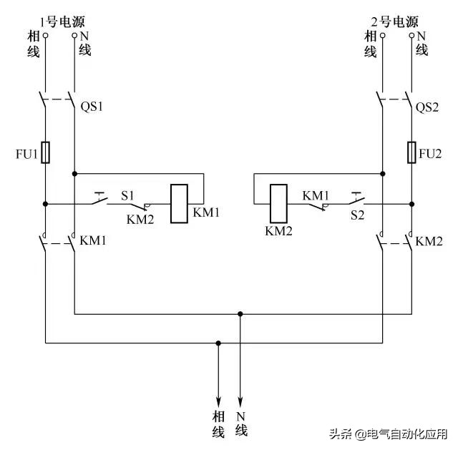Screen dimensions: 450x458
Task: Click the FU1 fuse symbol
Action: point(46,152)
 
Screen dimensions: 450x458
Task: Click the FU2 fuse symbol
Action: point(412,152)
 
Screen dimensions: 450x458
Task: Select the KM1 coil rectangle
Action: point(179,204)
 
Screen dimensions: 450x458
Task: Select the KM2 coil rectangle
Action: point(278,204)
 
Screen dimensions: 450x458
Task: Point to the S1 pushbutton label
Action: point(127,195)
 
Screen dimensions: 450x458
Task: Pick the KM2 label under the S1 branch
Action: point(140,220)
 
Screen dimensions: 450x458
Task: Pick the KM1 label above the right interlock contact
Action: point(315,195)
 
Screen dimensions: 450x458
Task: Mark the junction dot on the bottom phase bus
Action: point(218,343)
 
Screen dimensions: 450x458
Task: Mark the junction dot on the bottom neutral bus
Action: point(240,313)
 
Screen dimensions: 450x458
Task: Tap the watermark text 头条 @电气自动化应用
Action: point(387,434)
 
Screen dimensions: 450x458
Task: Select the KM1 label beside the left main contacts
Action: point(93,241)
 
